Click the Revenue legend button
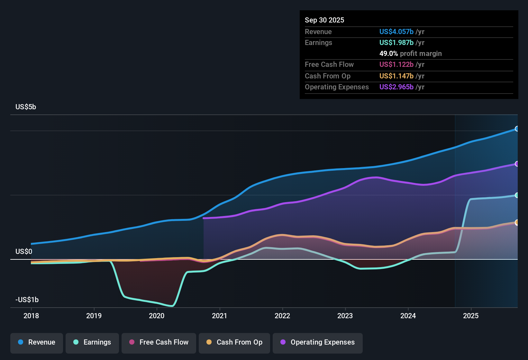point(37,342)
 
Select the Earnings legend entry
point(92,342)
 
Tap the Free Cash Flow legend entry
point(159,342)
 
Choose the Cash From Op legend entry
point(234,342)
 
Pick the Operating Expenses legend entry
point(318,342)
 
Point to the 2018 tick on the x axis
point(31,316)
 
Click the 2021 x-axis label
point(220,316)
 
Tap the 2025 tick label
point(471,316)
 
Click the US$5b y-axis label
point(26,107)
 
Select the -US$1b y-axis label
point(27,300)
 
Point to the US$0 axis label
point(24,251)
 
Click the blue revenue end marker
point(517,129)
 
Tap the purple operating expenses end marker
point(517,164)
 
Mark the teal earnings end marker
point(517,195)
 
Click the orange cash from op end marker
point(517,222)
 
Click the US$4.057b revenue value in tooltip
point(396,32)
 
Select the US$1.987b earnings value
point(396,42)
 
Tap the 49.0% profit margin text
point(410,53)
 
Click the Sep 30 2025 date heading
point(324,20)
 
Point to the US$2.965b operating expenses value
point(396,87)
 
